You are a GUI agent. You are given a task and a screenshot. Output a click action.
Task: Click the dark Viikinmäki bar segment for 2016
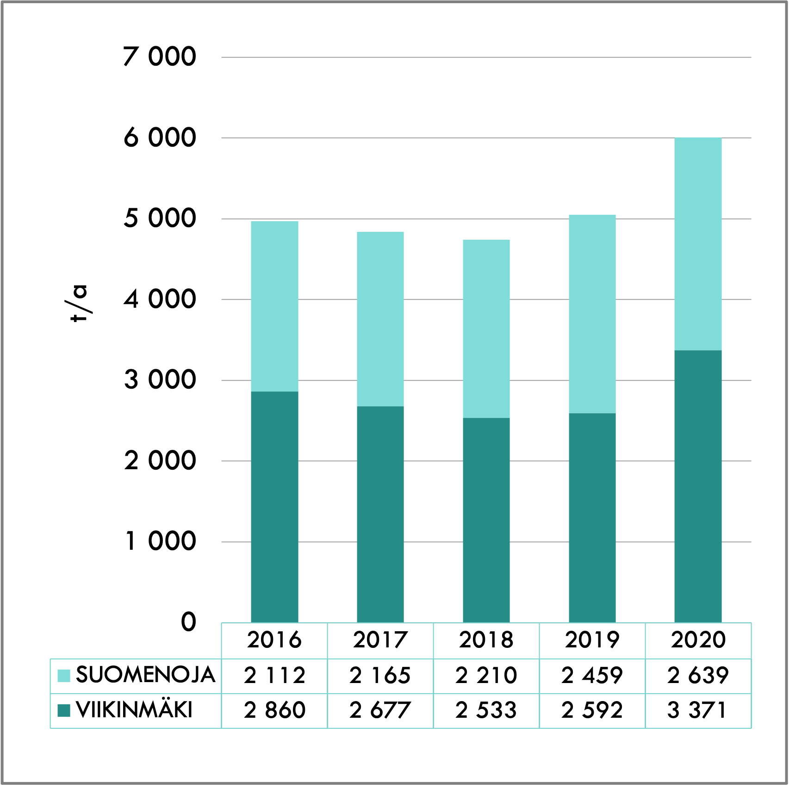tap(274, 507)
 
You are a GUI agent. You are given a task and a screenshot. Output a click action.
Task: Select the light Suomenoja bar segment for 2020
tap(698, 244)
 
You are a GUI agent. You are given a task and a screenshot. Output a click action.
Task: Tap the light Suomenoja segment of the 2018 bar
tap(486, 329)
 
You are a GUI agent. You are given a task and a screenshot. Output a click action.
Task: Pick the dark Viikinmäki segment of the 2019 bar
tap(592, 517)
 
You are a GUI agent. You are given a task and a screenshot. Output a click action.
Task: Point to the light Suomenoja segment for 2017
tap(380, 319)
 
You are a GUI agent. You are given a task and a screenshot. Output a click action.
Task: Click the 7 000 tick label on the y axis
tap(160, 57)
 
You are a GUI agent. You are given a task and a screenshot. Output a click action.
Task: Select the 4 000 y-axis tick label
tap(160, 299)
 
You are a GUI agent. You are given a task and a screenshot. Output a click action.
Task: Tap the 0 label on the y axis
tap(188, 622)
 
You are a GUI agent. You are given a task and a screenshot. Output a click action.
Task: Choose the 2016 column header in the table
tap(274, 640)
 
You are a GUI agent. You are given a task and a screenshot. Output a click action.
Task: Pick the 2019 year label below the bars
tap(592, 640)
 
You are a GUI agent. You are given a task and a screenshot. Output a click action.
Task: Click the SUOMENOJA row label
tap(145, 675)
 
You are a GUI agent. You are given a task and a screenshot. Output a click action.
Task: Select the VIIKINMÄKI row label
tap(134, 710)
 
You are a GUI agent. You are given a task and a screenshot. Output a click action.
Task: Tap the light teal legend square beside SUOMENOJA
tap(64, 676)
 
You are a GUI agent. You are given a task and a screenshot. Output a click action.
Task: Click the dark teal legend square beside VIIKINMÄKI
tap(64, 710)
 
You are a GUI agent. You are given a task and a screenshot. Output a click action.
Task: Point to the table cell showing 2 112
tap(274, 676)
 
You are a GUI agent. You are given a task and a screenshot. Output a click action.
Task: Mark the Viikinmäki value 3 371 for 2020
tap(698, 710)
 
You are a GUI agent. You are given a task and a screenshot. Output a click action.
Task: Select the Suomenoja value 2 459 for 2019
tap(592, 676)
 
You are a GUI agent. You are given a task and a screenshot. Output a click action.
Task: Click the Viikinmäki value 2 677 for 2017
tap(380, 710)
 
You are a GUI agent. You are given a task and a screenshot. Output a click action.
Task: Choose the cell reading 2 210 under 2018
tap(486, 676)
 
